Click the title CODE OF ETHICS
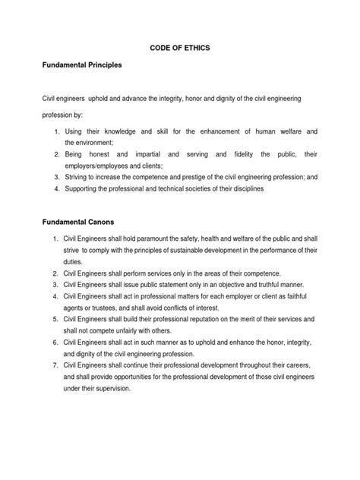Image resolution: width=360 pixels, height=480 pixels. [x=179, y=47]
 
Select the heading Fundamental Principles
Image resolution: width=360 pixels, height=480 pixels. [x=80, y=65]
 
